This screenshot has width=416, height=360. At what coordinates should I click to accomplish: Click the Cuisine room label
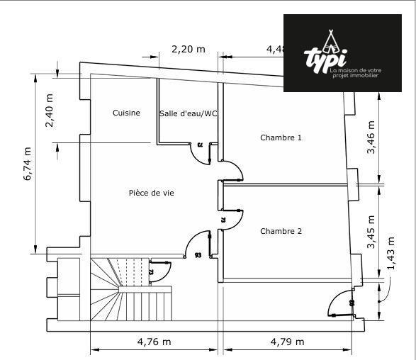126,113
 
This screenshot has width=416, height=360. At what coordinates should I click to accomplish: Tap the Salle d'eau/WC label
188,113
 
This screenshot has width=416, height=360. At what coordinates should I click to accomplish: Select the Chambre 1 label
281,137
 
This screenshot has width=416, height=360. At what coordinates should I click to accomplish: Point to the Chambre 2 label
281,231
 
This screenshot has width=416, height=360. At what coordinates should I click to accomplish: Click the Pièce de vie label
151,193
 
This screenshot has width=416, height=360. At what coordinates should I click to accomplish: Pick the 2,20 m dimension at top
188,49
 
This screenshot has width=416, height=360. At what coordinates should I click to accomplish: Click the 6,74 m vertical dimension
28,164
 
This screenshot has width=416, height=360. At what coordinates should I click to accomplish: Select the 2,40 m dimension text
49,111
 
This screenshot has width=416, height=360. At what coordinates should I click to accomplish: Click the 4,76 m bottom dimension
154,342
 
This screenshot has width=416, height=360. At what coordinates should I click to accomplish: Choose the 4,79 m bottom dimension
287,342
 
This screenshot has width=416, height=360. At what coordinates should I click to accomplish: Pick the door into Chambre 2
232,220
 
